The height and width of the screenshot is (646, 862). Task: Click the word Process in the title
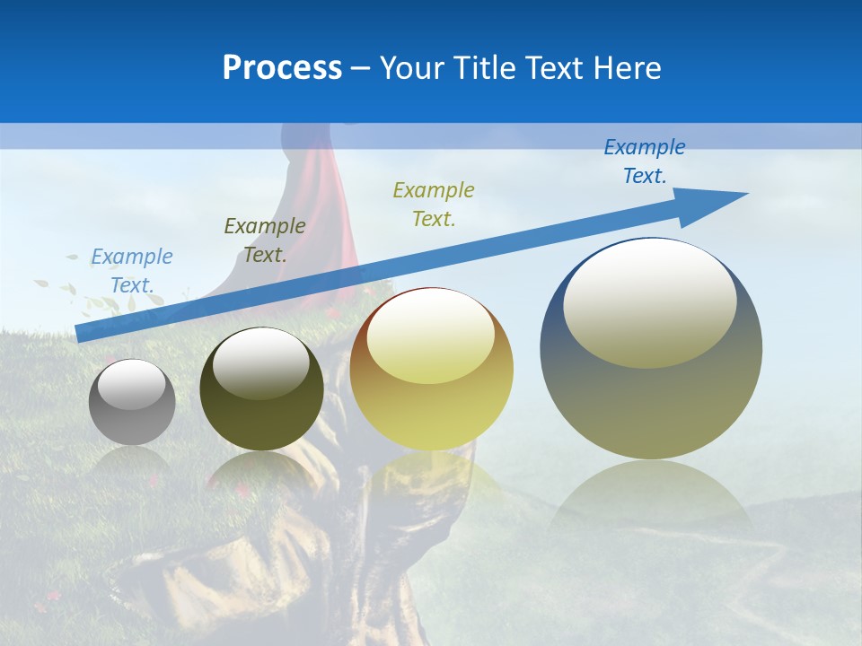282,68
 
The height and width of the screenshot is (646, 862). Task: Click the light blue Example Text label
132,271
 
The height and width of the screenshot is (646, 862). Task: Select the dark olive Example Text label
265,240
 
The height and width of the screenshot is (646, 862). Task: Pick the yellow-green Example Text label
434,204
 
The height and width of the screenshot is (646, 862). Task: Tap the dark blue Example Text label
645,161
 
